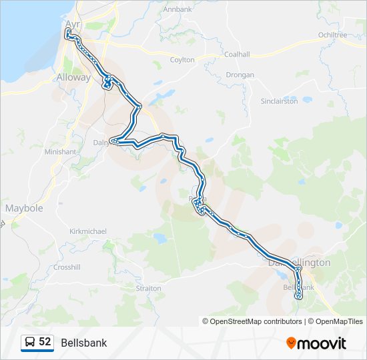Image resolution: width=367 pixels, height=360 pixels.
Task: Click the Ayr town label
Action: pyautogui.click(x=71, y=23)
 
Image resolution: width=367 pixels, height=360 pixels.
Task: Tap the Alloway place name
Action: pyautogui.click(x=73, y=77)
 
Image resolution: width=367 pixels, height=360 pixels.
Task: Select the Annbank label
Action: pyautogui.click(x=177, y=9)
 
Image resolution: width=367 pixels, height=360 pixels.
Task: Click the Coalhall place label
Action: pyautogui.click(x=237, y=55)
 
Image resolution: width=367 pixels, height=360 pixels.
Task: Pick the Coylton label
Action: pyautogui.click(x=182, y=60)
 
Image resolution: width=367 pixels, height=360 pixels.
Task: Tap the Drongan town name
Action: pyautogui.click(x=240, y=75)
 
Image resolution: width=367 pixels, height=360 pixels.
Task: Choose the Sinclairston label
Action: pyautogui.click(x=279, y=101)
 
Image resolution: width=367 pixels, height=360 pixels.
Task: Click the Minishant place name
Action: pyautogui.click(x=60, y=152)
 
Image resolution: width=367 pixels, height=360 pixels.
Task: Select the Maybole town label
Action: pyautogui.click(x=24, y=208)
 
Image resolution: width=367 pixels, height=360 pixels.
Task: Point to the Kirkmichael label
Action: pyautogui.click(x=88, y=231)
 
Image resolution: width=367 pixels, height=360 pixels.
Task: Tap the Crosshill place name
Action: pyautogui.click(x=68, y=267)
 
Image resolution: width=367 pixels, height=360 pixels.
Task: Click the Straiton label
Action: pyautogui.click(x=148, y=289)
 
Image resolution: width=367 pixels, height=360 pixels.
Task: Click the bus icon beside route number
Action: pyautogui.click(x=30, y=342)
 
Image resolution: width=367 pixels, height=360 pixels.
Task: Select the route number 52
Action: pyautogui.click(x=45, y=341)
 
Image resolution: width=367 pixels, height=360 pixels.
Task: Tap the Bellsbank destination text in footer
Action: pyautogui.click(x=83, y=343)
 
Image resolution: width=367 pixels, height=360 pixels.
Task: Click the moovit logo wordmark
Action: pyautogui.click(x=322, y=343)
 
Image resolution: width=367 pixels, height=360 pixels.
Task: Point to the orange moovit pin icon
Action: pyautogui.click(x=292, y=343)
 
